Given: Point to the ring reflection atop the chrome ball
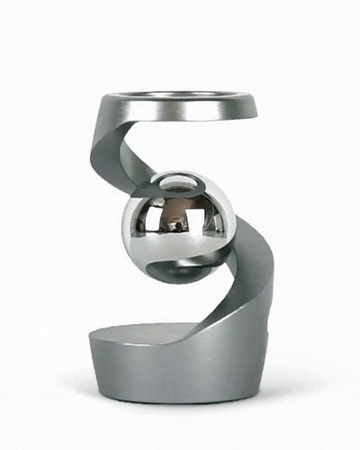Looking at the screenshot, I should [x=178, y=184].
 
